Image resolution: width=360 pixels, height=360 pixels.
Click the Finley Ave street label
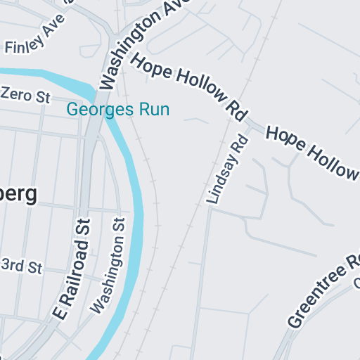click(29, 42)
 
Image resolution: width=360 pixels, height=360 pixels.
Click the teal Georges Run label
click(118, 110)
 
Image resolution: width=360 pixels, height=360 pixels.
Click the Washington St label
click(109, 264)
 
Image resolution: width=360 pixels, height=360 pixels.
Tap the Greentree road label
click(324, 290)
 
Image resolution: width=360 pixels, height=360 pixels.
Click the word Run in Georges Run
click(156, 110)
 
